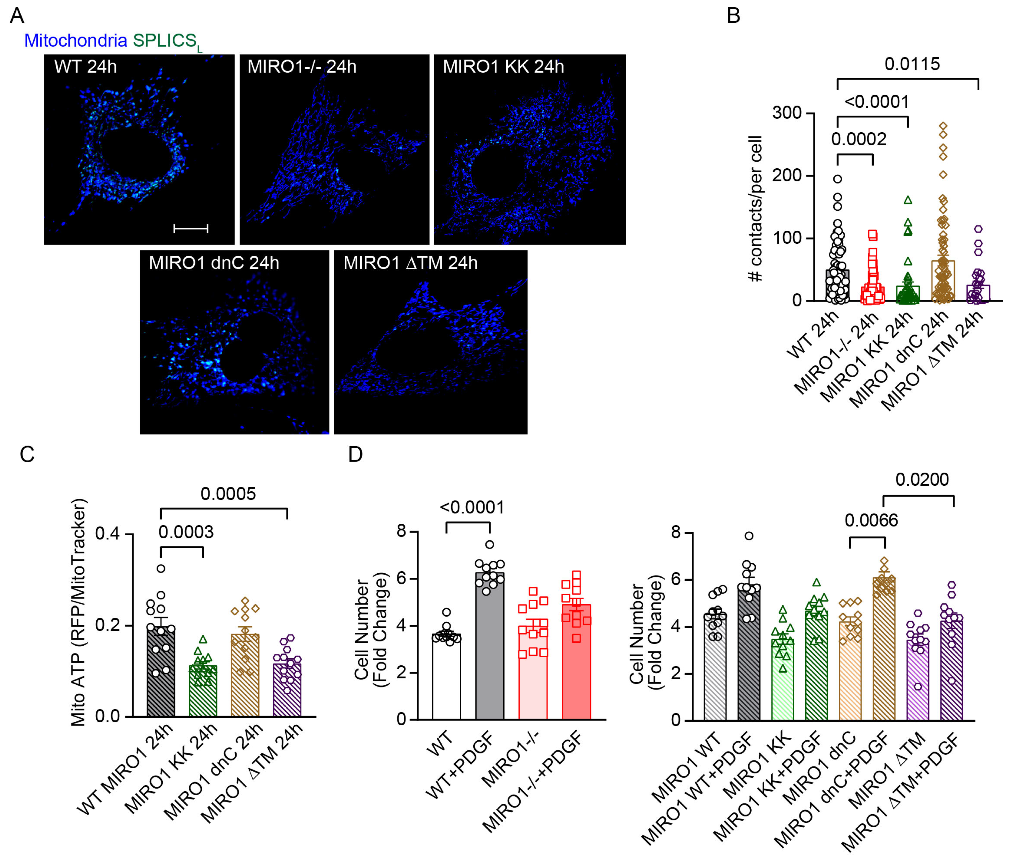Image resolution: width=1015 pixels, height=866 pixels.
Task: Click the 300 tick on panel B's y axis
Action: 787,113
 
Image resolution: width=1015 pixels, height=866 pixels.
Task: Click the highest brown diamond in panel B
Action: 943,126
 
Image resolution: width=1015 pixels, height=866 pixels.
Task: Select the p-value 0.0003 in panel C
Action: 186,532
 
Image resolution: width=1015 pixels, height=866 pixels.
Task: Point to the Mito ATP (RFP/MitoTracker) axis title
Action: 78,612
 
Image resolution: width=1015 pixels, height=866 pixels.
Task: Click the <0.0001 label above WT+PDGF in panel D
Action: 472,508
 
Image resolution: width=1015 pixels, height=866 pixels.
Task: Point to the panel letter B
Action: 733,16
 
